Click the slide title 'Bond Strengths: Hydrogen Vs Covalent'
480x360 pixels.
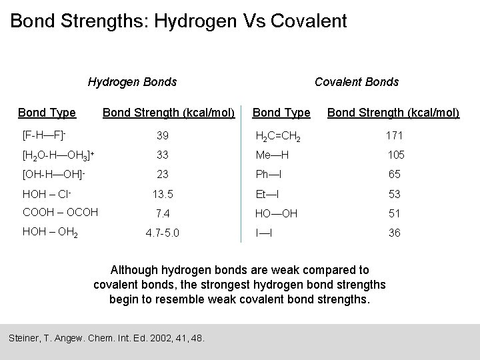point(179,21)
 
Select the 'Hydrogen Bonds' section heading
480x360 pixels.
point(132,82)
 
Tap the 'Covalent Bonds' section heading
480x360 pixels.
point(356,82)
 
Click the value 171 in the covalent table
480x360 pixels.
point(394,136)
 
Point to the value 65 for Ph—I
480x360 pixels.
point(394,174)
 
